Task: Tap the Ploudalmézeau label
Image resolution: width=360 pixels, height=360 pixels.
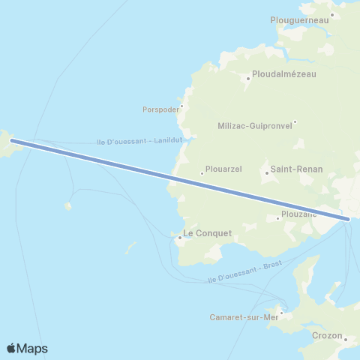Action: click(284, 74)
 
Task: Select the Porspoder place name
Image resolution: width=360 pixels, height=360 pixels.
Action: click(161, 109)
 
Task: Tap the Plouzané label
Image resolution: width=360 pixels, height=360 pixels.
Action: click(298, 214)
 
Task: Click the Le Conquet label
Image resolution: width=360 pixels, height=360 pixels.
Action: click(208, 233)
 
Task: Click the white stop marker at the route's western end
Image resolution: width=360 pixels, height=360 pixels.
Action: click(11, 140)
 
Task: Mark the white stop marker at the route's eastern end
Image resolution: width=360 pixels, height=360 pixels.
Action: click(349, 219)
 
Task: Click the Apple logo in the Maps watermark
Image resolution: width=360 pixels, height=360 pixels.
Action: click(12, 348)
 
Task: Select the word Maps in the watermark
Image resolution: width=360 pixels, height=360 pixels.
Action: click(33, 349)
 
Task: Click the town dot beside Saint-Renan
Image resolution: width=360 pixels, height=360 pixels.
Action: click(266, 173)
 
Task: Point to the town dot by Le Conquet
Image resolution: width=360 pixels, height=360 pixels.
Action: click(180, 238)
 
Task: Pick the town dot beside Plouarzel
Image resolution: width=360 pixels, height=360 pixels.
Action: click(202, 174)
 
